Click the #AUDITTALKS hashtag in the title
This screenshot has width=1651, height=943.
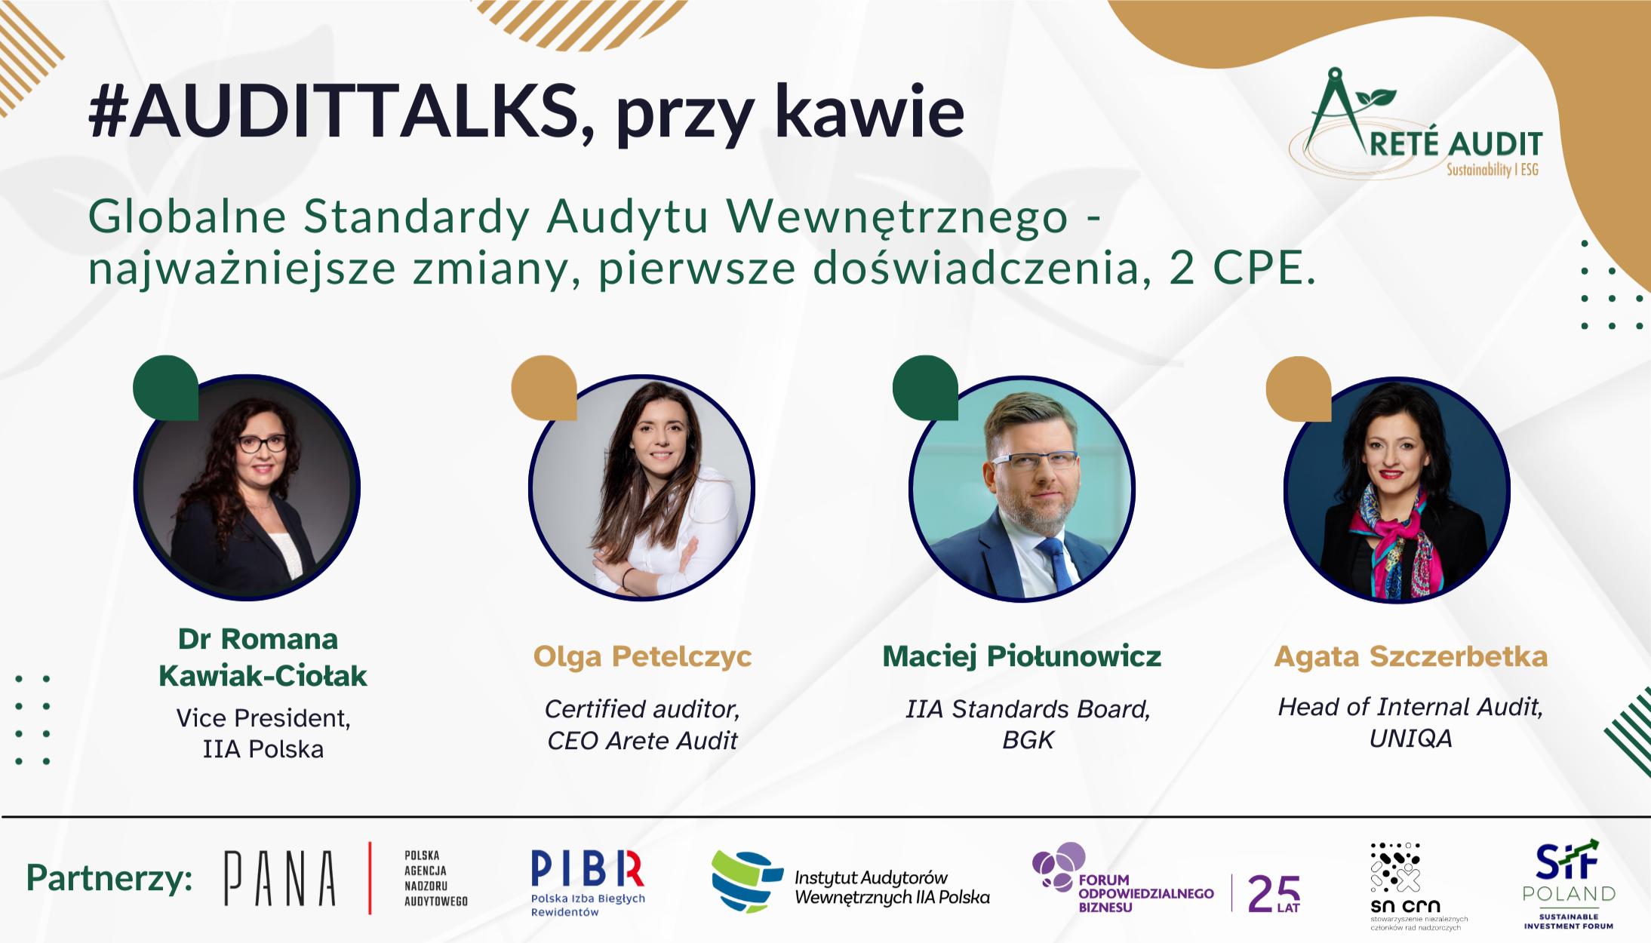(332, 112)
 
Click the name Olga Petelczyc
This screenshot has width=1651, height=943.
(642, 656)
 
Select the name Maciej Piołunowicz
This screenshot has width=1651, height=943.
(1022, 656)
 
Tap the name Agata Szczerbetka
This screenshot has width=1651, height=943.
(1410, 656)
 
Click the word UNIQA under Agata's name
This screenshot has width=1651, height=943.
(1410, 739)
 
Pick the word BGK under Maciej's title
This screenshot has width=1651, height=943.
(1028, 741)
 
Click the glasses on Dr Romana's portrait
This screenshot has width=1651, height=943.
(262, 444)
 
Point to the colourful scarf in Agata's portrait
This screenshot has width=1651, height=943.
(1404, 543)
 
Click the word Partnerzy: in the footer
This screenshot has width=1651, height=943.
(109, 878)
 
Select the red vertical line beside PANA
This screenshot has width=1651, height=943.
(370, 877)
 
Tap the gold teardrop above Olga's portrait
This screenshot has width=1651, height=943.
(543, 387)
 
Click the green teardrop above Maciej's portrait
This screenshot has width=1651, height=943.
(924, 387)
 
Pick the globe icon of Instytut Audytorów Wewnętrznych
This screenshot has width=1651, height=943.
(745, 880)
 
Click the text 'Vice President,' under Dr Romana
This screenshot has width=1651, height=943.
(263, 718)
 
